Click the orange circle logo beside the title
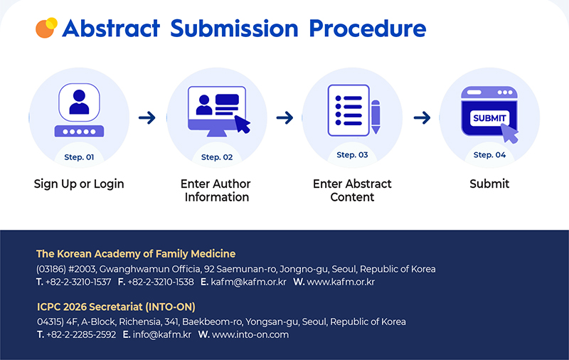tap(46, 27)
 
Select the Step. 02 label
tap(216, 157)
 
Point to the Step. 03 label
tap(352, 155)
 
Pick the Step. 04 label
tap(489, 155)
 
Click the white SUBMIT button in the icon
tap(489, 117)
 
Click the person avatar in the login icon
tap(79, 103)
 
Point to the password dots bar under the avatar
tap(79, 132)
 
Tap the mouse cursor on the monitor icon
tap(243, 124)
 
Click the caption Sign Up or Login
tap(79, 184)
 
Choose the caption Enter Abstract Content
tap(352, 190)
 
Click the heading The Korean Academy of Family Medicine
tap(136, 254)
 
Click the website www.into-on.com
tap(250, 334)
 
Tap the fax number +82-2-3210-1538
tap(160, 282)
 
